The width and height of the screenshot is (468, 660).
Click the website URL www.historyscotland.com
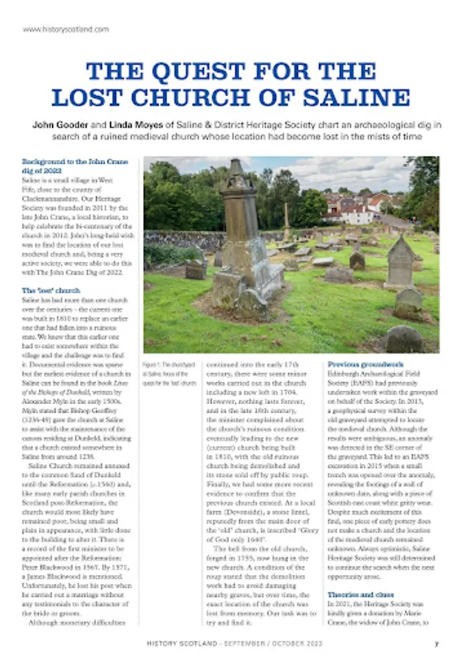(66, 29)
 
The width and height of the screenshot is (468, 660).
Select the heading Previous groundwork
(365, 364)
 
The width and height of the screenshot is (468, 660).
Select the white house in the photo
(356, 213)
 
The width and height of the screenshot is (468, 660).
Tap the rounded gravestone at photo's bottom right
(404, 340)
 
